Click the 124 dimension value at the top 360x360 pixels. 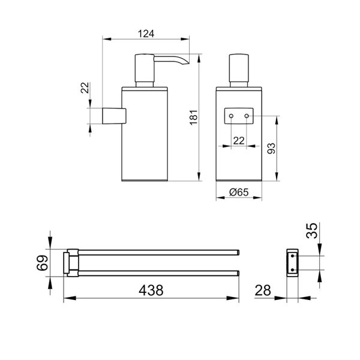(x=146, y=34)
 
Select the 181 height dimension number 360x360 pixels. (x=194, y=117)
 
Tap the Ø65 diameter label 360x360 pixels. (x=239, y=192)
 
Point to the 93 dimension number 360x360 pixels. (x=271, y=148)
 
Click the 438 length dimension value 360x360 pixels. (x=151, y=290)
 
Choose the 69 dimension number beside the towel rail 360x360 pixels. (x=42, y=263)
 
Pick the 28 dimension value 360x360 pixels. (x=263, y=290)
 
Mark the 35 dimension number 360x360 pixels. (x=312, y=230)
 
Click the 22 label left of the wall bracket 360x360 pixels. (x=85, y=88)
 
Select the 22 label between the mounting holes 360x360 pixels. (x=239, y=140)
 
